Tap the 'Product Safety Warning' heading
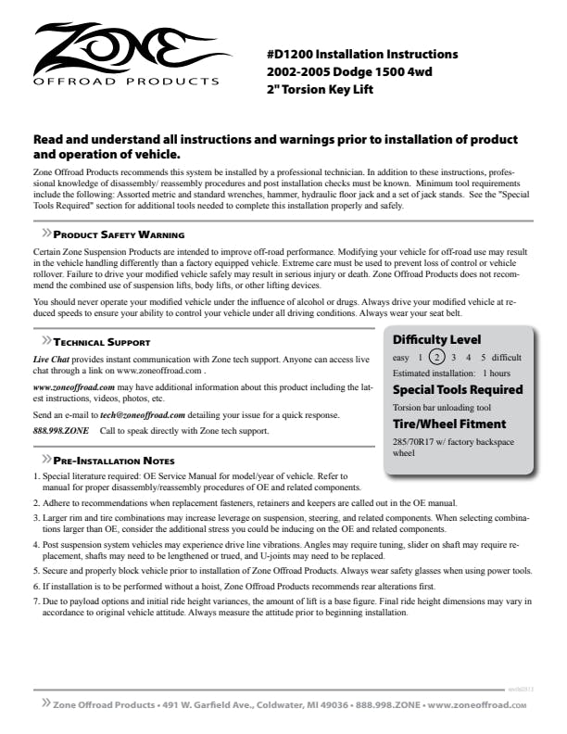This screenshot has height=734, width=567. coord(118,234)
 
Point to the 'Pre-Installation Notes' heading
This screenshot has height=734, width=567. coord(114,460)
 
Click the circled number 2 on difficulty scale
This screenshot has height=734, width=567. coord(439,358)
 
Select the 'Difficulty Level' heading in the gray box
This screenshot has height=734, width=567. coord(436,339)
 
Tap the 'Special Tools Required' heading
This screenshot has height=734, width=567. coord(458,390)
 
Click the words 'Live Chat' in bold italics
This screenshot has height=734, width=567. coord(51,359)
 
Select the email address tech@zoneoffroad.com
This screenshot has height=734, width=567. coord(143,414)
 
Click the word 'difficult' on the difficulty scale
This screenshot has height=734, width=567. coord(506,358)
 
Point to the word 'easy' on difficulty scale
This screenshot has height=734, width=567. coord(401,358)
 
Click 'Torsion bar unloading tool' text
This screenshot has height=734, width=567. coord(441,407)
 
